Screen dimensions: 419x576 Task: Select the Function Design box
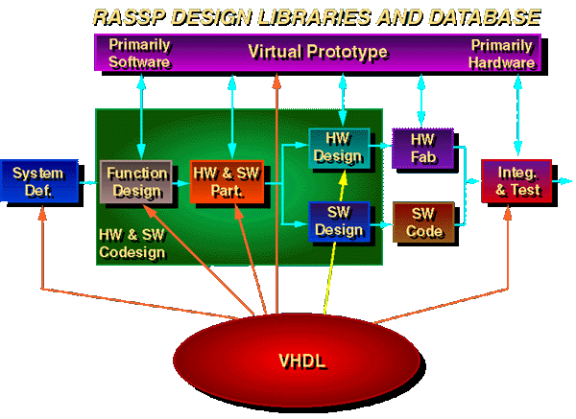click(136, 181)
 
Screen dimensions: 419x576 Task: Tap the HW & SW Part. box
click(227, 181)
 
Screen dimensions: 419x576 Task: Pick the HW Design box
click(337, 147)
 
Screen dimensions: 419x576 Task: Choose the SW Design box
click(337, 221)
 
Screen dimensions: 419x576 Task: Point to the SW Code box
click(422, 221)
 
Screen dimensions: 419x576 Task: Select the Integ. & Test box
click(517, 180)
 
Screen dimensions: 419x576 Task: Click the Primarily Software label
click(140, 54)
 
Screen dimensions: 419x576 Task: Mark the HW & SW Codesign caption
click(133, 244)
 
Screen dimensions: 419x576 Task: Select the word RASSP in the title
click(124, 16)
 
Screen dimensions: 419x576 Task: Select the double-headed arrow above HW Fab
click(420, 98)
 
